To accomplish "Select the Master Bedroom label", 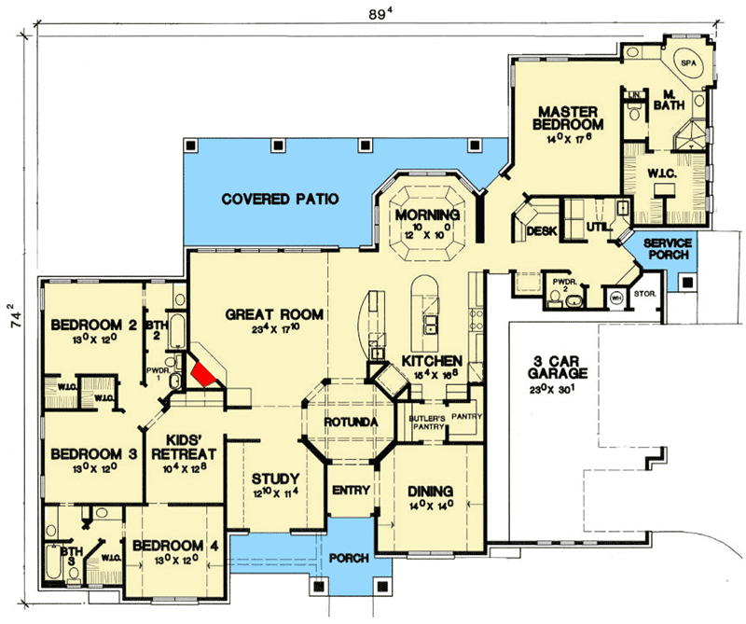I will click(x=568, y=115).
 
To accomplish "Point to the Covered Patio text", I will click(x=279, y=199).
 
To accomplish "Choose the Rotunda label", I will click(x=349, y=423).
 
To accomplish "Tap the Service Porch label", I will click(x=667, y=249).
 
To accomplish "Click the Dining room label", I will click(x=430, y=491).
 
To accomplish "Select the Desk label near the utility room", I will click(x=541, y=229).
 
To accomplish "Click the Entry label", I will click(x=351, y=491).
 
